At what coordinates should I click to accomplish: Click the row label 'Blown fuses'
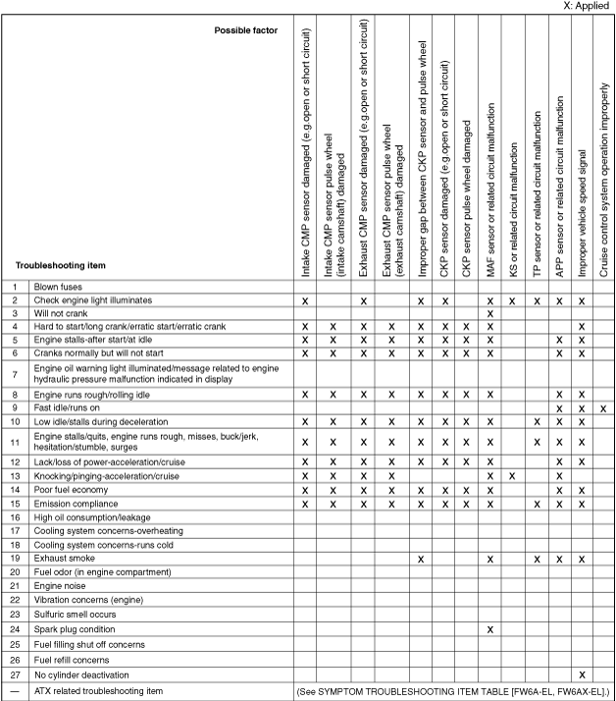[x=57, y=286]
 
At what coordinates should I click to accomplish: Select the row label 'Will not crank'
[x=62, y=312]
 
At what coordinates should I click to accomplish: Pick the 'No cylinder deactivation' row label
[x=82, y=675]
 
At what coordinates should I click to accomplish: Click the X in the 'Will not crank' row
[x=489, y=313]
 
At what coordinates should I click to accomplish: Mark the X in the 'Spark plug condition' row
[x=489, y=628]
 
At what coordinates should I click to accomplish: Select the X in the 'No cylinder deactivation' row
[x=582, y=675]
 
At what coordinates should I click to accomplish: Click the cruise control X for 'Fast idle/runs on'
[x=604, y=407]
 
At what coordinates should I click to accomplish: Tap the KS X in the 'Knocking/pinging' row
[x=513, y=475]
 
